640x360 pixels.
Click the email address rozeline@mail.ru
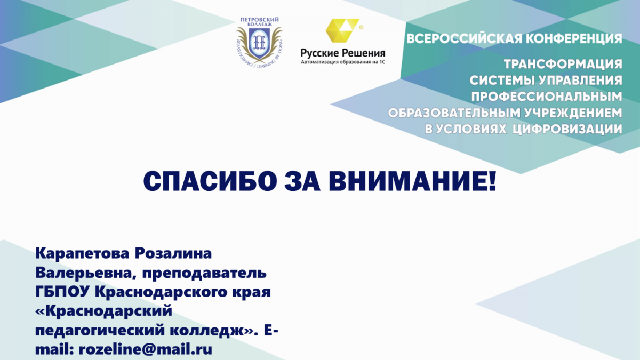[146, 350]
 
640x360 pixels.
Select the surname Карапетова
[82, 254]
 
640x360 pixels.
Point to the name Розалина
[173, 253]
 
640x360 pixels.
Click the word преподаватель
[204, 274]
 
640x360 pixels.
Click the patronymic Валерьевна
[86, 273]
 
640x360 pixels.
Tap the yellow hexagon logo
[342, 30]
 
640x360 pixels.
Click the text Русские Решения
[343, 53]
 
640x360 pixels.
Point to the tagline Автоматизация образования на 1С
[343, 62]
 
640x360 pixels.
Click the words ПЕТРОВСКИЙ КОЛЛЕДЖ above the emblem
[259, 22]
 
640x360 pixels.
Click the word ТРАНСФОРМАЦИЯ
[563, 64]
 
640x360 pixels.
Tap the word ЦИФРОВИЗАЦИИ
[567, 129]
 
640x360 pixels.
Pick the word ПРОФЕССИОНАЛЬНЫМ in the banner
[547, 97]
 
